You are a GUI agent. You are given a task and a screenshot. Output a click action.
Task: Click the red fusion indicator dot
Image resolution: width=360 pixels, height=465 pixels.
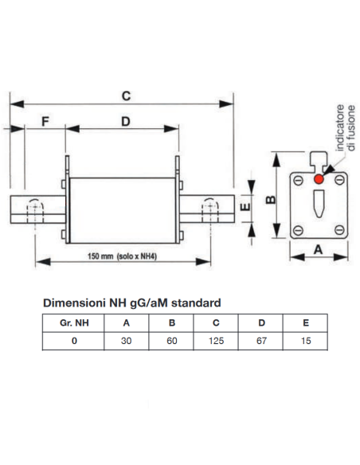319,179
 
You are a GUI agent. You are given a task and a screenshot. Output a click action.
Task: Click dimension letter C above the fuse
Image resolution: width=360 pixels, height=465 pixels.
126,96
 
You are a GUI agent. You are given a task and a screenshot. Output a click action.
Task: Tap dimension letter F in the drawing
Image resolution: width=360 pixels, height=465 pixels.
45,122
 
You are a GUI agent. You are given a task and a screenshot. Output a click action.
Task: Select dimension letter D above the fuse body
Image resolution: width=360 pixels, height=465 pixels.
126,122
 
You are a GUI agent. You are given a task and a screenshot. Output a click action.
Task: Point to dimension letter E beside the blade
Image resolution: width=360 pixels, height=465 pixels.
245,206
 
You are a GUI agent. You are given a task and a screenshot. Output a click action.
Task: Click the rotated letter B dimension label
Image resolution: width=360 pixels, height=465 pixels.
271,200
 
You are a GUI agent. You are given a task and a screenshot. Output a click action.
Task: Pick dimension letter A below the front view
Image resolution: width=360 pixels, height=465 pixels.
319,250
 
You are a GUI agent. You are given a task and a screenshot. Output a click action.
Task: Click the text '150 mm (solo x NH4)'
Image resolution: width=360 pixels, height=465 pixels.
122,256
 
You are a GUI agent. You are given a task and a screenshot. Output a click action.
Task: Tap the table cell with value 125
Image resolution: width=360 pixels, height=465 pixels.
216,341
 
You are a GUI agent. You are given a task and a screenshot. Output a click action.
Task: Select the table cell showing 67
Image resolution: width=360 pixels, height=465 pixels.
261,341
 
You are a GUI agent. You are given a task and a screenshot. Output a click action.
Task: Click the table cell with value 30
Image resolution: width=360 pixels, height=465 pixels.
126,341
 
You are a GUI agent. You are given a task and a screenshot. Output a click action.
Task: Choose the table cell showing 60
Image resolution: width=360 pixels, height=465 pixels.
172,341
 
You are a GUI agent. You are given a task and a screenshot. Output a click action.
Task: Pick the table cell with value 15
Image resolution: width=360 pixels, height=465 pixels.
306,341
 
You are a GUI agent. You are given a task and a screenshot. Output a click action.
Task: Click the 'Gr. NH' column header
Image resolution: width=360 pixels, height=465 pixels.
74,322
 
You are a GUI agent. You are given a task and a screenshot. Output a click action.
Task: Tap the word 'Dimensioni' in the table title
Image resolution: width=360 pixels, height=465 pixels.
74,303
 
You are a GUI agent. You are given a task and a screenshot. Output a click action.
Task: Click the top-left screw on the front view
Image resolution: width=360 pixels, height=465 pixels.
298,180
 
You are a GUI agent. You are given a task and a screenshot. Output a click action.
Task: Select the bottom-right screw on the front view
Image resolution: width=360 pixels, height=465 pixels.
339,229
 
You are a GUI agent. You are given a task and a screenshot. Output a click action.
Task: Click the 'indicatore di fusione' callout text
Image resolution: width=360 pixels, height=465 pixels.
346,128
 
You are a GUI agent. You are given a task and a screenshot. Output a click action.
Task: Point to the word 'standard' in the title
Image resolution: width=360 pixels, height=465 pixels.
196,303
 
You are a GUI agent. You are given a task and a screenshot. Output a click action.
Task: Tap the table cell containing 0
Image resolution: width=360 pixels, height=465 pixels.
74,341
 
